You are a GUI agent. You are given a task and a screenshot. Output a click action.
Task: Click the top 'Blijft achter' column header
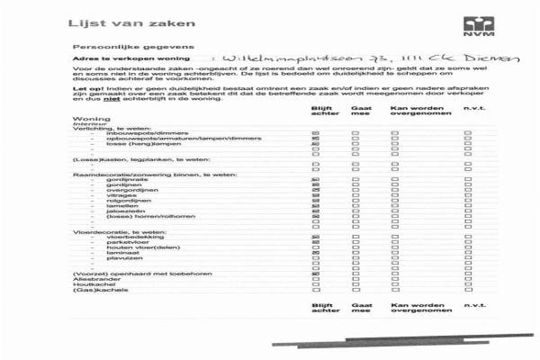[318, 113]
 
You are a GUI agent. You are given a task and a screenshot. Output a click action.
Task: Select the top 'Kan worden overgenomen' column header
[410, 113]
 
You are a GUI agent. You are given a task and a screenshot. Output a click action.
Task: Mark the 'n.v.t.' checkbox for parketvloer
[468, 242]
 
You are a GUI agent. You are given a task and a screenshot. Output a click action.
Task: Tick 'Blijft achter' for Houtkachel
[316, 284]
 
